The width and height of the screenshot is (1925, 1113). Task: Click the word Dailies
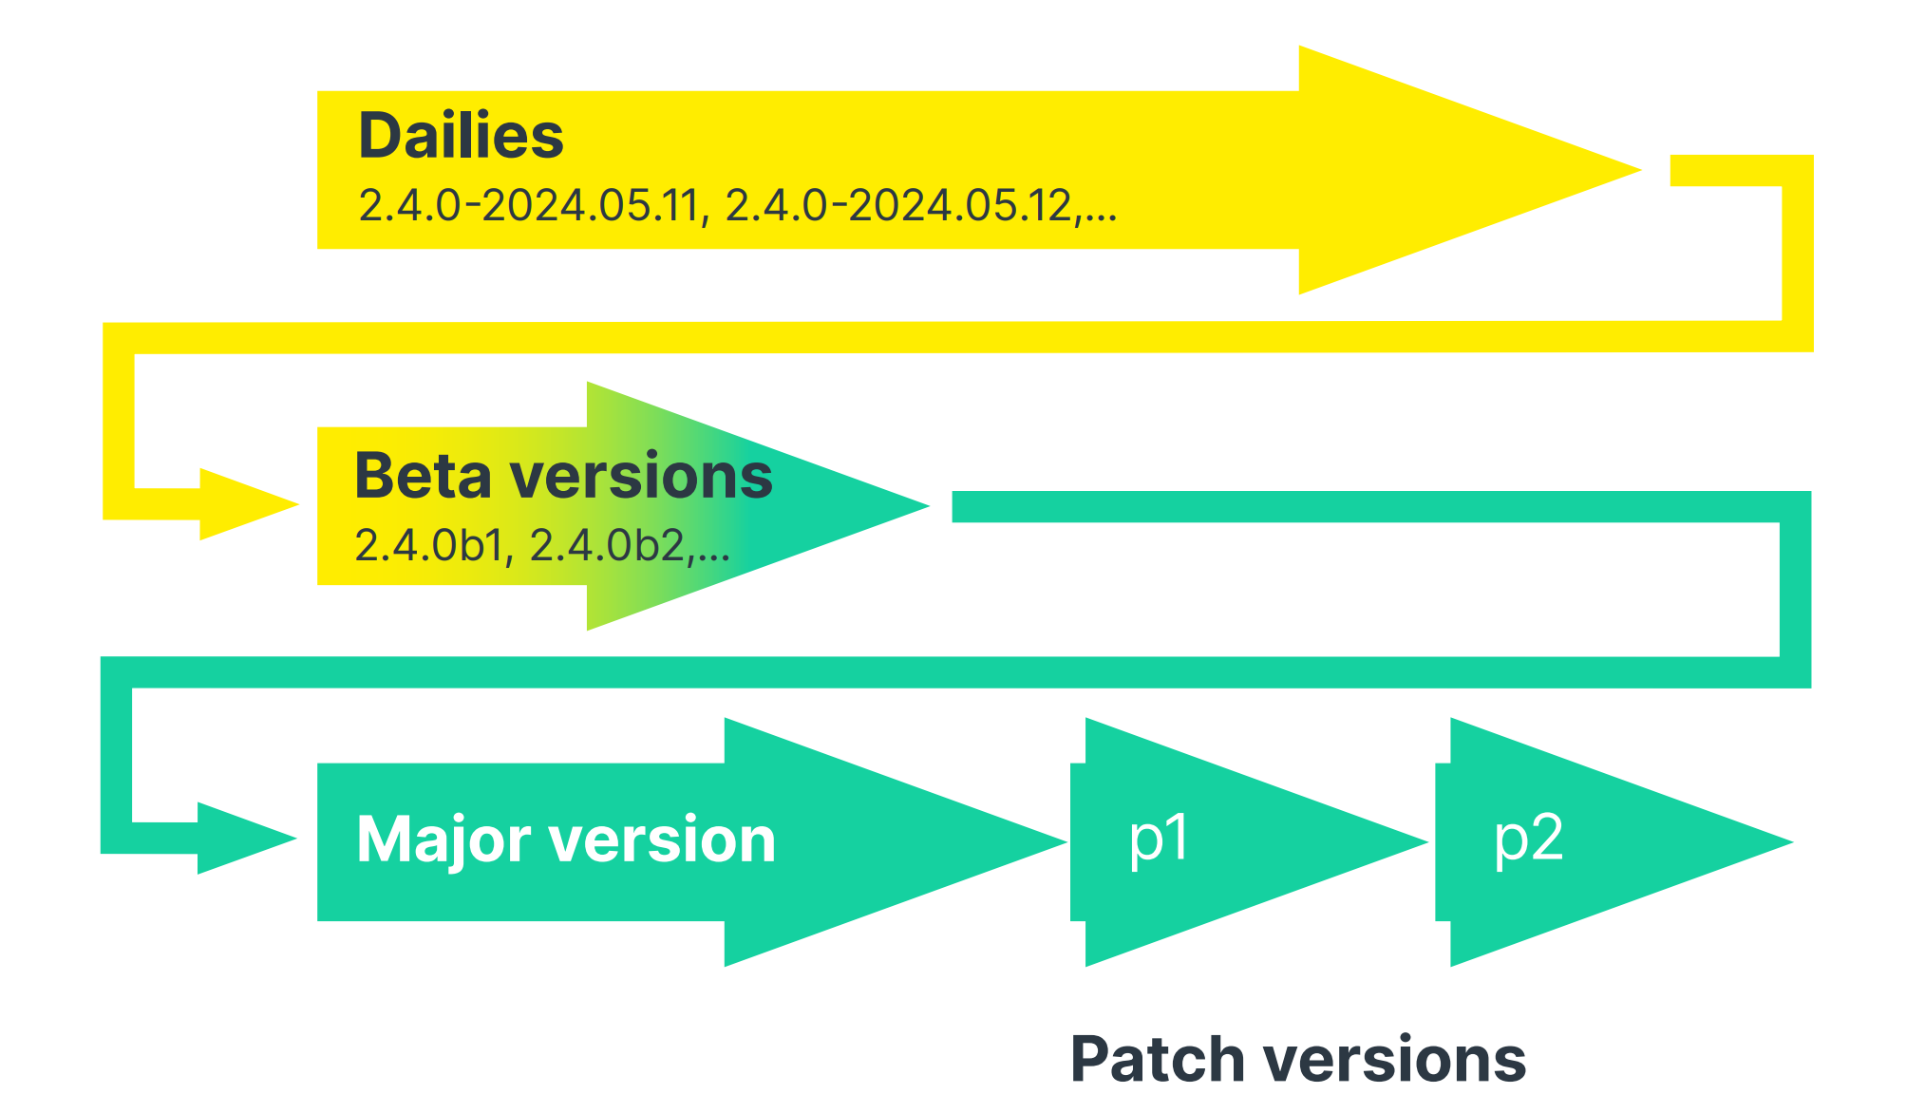[x=461, y=136]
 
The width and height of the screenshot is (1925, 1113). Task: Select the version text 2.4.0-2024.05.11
[x=528, y=206]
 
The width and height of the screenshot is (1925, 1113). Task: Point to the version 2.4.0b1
[x=428, y=546]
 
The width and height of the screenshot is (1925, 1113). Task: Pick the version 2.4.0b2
[x=608, y=546]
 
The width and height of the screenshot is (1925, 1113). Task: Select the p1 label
[x=1159, y=839]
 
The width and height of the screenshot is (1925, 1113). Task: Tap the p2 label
[x=1528, y=839]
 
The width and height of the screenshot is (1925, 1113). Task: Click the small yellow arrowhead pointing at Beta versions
[x=247, y=504]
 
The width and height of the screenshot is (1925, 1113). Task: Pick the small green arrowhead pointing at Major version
[x=245, y=838]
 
